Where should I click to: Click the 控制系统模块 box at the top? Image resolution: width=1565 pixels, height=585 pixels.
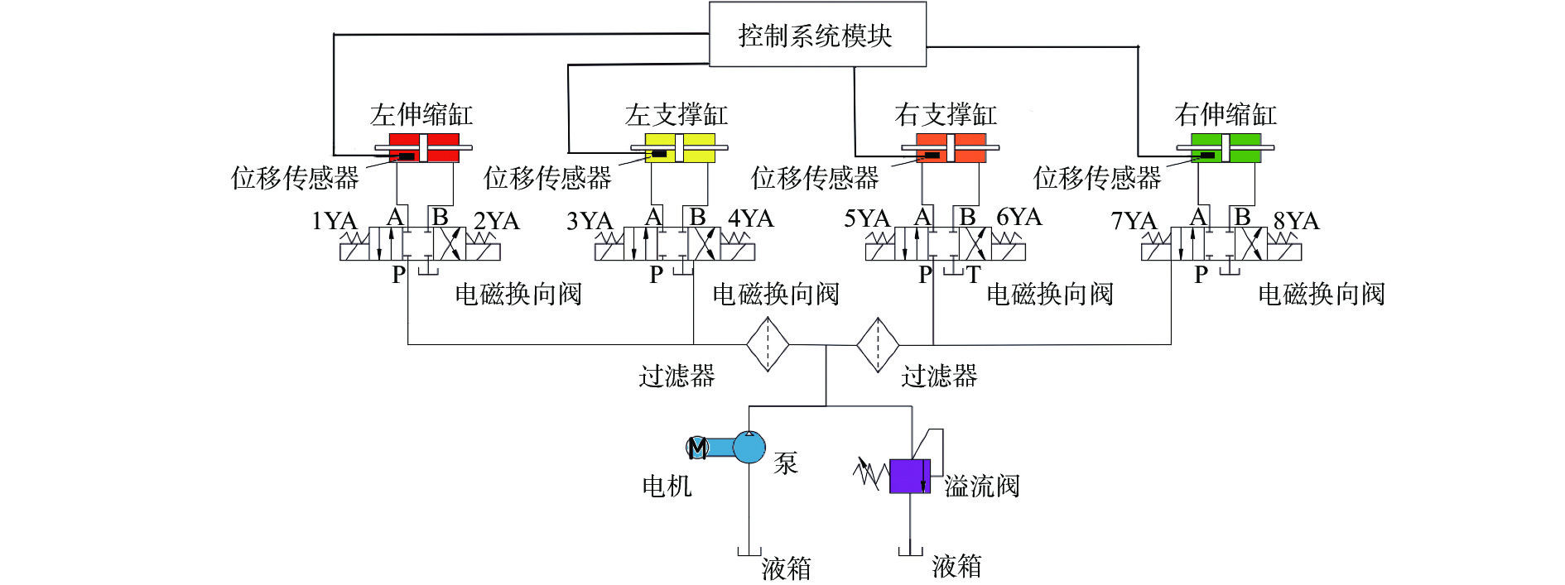(817, 35)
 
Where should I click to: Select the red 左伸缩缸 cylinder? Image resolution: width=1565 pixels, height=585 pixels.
(424, 148)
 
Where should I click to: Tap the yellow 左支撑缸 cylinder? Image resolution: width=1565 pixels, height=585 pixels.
(679, 148)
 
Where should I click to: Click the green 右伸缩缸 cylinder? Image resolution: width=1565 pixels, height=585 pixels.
(1226, 148)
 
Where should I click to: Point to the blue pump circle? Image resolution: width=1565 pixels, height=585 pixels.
(749, 447)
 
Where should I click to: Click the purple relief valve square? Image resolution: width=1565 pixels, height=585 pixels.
(909, 477)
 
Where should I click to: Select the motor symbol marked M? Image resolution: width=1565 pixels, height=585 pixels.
(697, 448)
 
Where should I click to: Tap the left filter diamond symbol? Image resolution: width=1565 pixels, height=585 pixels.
(768, 344)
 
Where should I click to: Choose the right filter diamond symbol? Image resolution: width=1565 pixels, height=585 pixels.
(877, 344)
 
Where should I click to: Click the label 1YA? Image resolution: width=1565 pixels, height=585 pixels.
(334, 222)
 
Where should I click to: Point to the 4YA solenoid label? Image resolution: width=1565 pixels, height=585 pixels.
(750, 219)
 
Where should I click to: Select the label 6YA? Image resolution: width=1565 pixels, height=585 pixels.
(1019, 218)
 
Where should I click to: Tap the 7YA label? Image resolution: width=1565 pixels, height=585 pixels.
(1134, 222)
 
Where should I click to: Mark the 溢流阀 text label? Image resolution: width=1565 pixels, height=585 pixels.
(981, 486)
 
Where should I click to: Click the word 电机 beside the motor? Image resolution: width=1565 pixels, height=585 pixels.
(667, 486)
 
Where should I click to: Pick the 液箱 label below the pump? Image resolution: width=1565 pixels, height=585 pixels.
(786, 569)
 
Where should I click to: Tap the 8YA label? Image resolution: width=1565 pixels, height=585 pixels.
(1296, 222)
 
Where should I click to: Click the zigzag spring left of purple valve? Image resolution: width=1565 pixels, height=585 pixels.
(869, 473)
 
